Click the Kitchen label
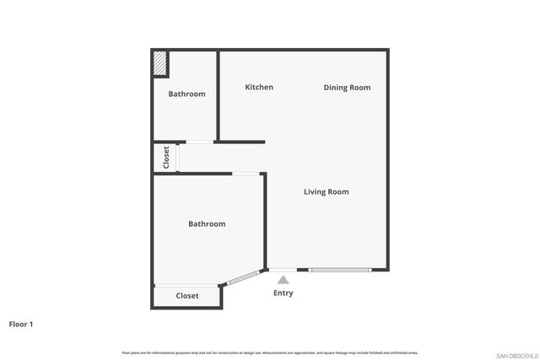pyautogui.click(x=259, y=88)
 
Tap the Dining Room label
pyautogui.click(x=347, y=88)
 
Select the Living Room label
pyautogui.click(x=326, y=192)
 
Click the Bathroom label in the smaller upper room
pyautogui.click(x=186, y=94)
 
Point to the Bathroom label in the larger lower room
pyautogui.click(x=207, y=224)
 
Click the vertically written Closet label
pyautogui.click(x=166, y=158)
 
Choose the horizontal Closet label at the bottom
pyautogui.click(x=187, y=296)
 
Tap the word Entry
pyautogui.click(x=283, y=293)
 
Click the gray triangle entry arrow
pyautogui.click(x=283, y=280)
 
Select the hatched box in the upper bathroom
pyautogui.click(x=159, y=64)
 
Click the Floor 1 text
pyautogui.click(x=21, y=324)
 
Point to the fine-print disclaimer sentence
pyautogui.click(x=270, y=352)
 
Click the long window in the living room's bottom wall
pyautogui.click(x=339, y=270)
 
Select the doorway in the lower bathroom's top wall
pyautogui.click(x=246, y=174)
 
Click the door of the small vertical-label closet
pyautogui.click(x=178, y=158)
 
